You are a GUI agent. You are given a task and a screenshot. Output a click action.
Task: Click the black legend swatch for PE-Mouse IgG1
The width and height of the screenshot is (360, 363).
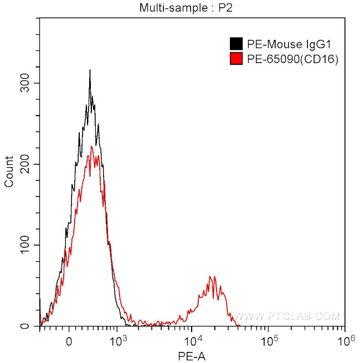pos(235,44)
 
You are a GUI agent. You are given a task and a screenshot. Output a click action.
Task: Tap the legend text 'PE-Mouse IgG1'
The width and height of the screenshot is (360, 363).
pos(275,44)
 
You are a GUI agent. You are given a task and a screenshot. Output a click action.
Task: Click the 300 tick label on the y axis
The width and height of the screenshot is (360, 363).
pos(25,83)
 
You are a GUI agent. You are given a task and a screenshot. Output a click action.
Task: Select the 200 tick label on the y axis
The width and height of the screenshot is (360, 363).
pos(25,164)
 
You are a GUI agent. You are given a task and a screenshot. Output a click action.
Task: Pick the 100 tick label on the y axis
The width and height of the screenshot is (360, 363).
pos(25,245)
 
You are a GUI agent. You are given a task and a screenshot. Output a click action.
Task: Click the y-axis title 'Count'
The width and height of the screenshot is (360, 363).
pos(9,172)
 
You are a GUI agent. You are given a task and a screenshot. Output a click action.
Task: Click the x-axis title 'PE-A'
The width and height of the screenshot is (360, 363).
pos(192,357)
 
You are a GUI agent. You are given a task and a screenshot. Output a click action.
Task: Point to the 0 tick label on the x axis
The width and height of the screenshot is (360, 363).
pos(69,341)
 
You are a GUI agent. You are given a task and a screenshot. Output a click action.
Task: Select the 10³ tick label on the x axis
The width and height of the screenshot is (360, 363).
pos(117,340)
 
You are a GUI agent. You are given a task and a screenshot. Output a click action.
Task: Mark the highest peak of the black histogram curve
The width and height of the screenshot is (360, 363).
pos(90,70)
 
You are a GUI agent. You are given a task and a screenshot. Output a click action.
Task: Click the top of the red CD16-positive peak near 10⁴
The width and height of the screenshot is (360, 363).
pos(210,276)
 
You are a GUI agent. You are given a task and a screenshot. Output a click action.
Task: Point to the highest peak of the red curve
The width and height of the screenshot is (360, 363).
pos(92,146)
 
